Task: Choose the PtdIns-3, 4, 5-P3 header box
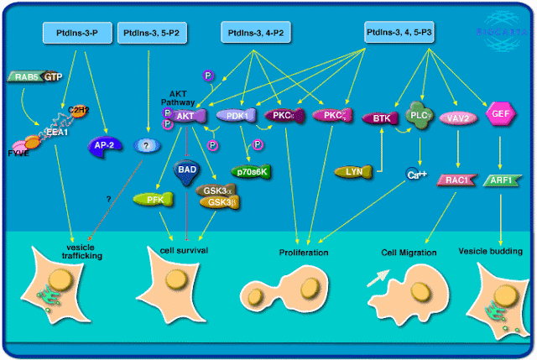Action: click(x=399, y=33)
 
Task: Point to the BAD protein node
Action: click(x=187, y=170)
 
